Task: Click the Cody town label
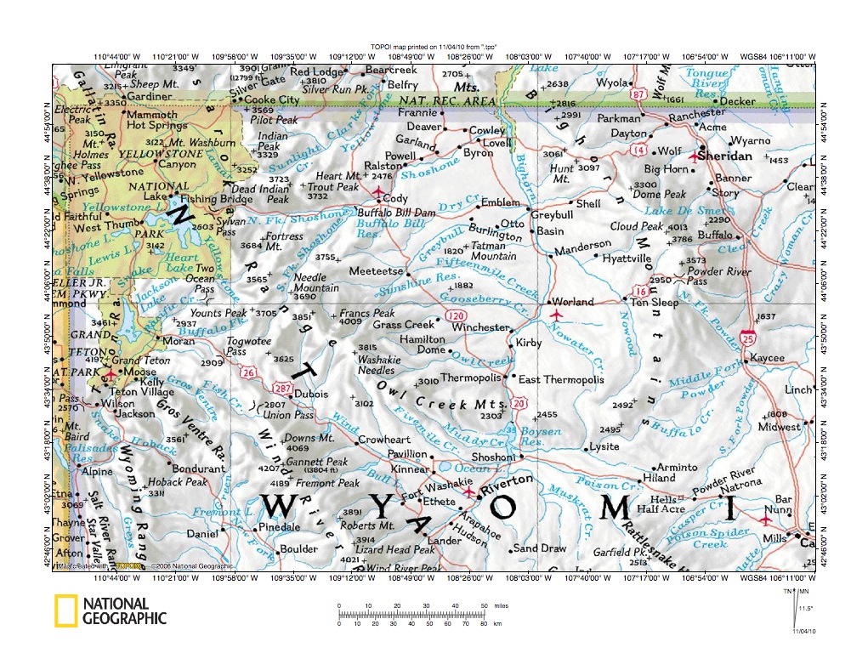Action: (x=396, y=198)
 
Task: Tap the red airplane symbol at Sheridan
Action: (x=694, y=156)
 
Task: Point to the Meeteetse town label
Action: (x=375, y=271)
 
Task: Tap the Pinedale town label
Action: (x=279, y=528)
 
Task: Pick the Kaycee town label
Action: (x=767, y=359)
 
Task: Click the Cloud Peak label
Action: (x=636, y=227)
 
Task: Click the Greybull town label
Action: (x=553, y=215)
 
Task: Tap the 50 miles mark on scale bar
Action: (x=485, y=605)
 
